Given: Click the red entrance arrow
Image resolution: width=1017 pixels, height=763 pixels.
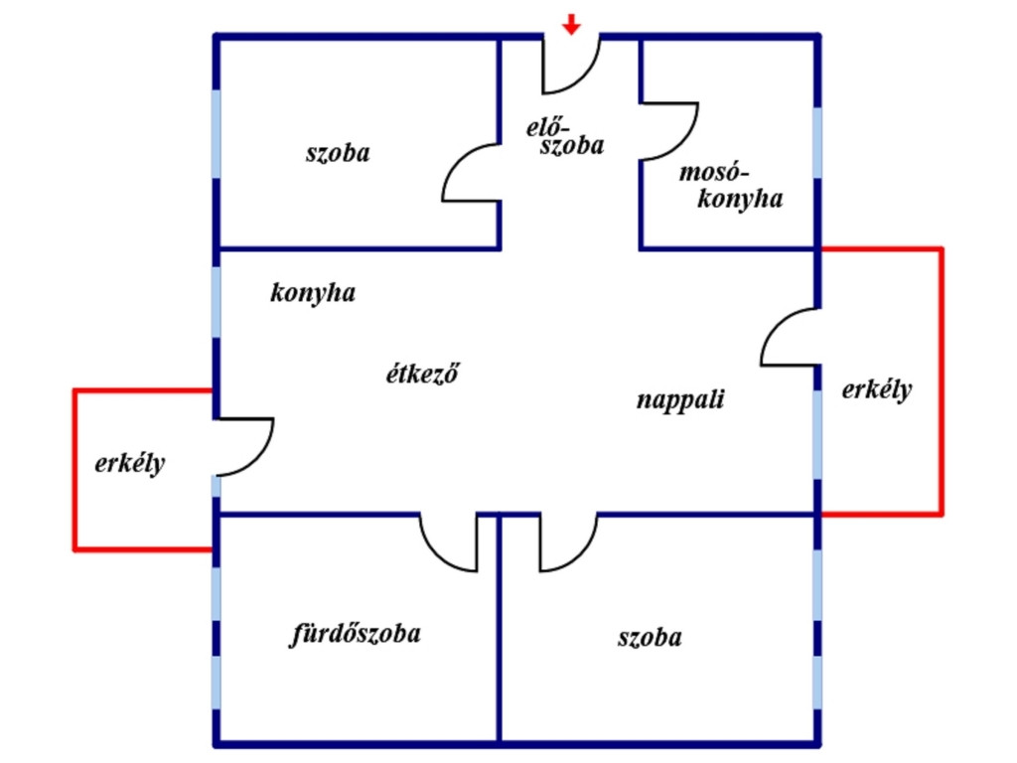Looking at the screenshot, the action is coord(571,24).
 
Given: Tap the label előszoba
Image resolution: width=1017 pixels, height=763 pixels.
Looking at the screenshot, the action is coord(565,136).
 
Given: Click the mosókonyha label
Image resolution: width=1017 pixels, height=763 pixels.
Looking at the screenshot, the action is coord(731,186).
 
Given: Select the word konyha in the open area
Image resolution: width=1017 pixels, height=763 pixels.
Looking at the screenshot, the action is coord(313,293).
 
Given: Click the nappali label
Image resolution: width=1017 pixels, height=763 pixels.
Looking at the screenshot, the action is coord(680,399).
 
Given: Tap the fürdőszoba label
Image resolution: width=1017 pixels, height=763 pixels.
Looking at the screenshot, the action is coord(356,633).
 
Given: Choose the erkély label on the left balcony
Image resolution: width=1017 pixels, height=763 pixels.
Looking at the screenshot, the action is coord(130,464).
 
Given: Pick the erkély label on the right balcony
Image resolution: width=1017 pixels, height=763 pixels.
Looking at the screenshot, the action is coord(877,389).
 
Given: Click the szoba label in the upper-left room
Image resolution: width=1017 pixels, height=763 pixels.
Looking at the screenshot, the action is coord(338,153).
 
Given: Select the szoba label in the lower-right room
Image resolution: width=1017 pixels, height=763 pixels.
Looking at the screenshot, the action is coord(650,638).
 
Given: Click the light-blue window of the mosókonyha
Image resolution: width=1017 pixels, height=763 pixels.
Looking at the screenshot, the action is coord(817,143).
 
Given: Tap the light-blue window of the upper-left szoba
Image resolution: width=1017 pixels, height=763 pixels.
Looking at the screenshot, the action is coord(216,134).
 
